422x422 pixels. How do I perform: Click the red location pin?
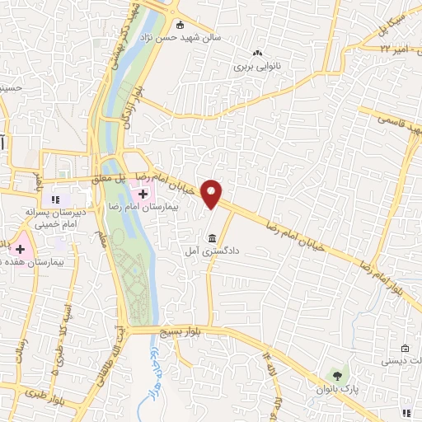pyautogui.click(x=213, y=195)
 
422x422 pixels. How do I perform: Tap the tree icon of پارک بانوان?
pyautogui.click(x=334, y=377)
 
